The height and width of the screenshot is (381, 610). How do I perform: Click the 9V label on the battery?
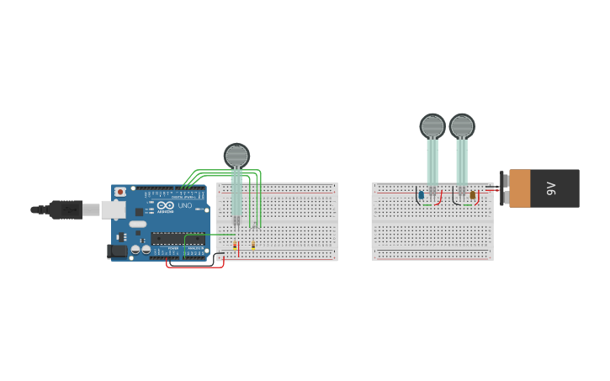(x=552, y=188)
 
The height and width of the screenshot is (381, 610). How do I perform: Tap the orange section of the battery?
(x=520, y=188)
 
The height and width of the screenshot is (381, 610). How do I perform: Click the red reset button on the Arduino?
(x=120, y=192)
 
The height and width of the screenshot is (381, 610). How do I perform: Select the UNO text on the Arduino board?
(x=184, y=205)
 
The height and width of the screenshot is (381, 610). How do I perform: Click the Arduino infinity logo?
(x=165, y=205)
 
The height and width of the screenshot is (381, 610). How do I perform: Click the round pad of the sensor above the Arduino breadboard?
(x=236, y=156)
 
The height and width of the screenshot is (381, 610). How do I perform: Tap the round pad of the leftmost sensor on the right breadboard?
(x=432, y=126)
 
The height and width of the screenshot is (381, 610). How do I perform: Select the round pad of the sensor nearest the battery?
(x=462, y=126)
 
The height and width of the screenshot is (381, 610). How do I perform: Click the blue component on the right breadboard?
(x=421, y=195)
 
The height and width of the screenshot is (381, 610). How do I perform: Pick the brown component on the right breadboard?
(x=473, y=195)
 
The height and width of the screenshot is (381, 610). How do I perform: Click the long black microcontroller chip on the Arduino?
(x=178, y=239)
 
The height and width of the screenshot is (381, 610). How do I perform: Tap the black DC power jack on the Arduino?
(x=118, y=251)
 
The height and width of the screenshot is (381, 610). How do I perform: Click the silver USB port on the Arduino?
(x=113, y=209)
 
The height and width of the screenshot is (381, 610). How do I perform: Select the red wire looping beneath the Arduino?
(x=195, y=267)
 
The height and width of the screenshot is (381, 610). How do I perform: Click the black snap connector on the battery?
(x=503, y=188)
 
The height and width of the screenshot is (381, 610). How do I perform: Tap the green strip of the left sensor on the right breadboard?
(x=432, y=161)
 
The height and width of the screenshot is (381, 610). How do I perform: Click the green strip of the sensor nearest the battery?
(x=462, y=161)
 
